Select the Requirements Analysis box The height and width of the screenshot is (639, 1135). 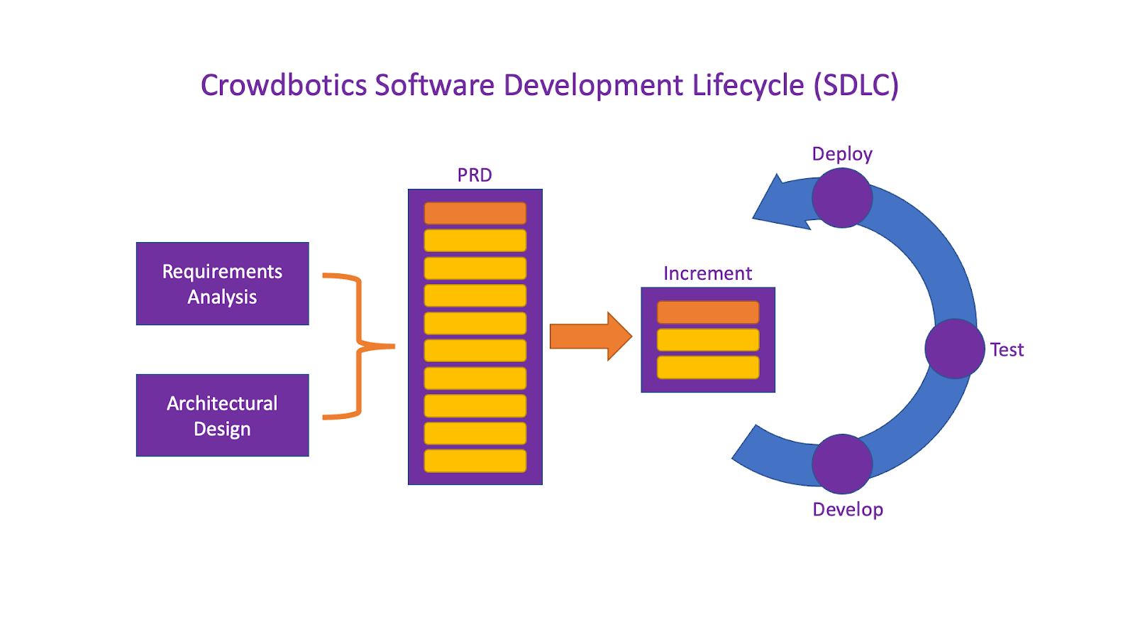[x=222, y=284]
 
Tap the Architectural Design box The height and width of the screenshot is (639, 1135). [x=222, y=415]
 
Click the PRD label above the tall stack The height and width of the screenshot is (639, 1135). [x=475, y=175]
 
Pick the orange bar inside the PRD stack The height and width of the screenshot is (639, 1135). [x=475, y=213]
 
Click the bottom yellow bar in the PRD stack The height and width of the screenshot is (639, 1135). [x=475, y=461]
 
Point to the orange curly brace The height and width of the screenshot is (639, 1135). [x=358, y=346]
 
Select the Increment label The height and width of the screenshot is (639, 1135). [x=707, y=273]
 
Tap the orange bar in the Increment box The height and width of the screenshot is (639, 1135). [x=708, y=312]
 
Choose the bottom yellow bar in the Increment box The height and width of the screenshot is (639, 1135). [x=708, y=367]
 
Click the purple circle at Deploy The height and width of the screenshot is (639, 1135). [x=842, y=198]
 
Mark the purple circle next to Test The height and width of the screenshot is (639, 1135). [x=955, y=349]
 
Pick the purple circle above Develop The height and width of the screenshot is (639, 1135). [x=842, y=464]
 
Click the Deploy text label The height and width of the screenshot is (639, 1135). [x=842, y=154]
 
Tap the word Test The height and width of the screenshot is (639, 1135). [x=1007, y=350]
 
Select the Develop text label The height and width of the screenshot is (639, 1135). [x=848, y=510]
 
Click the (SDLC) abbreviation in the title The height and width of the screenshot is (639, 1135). [x=856, y=86]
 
